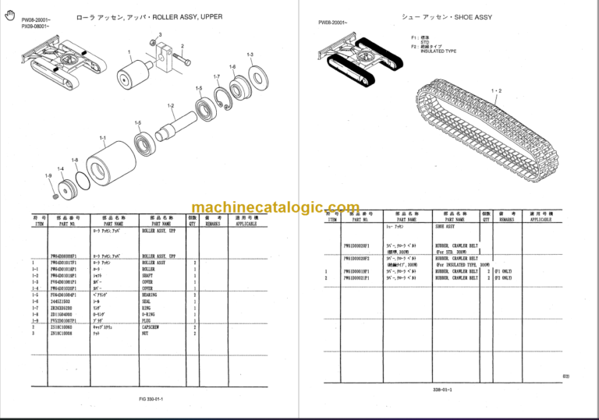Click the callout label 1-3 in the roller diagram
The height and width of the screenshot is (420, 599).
click(250, 54)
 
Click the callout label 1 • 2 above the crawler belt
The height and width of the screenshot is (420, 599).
click(496, 91)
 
